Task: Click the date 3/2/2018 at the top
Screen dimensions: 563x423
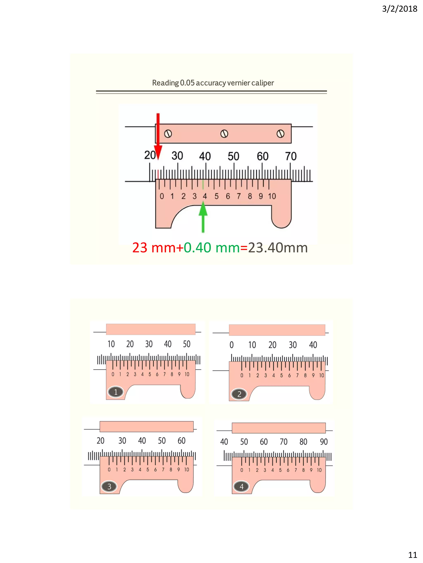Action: click(x=399, y=9)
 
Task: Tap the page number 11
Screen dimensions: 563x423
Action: click(x=412, y=554)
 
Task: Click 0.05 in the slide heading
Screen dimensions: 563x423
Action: click(x=187, y=83)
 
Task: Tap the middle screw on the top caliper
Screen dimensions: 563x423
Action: click(x=224, y=134)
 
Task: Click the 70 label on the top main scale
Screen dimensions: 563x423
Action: click(x=291, y=156)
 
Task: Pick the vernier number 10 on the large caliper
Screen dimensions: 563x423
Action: click(x=272, y=196)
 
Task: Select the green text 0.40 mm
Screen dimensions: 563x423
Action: click(x=212, y=247)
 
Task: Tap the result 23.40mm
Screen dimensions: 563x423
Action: click(x=278, y=247)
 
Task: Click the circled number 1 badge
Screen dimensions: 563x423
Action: click(x=116, y=392)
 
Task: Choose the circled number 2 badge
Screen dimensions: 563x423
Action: click(x=239, y=394)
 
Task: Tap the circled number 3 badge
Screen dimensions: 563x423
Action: click(x=109, y=486)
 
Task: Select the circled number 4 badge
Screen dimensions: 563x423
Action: click(x=241, y=486)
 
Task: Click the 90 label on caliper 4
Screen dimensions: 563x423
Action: click(x=324, y=442)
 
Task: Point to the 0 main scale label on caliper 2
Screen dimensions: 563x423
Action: click(x=232, y=345)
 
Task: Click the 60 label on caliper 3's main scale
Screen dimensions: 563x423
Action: click(x=182, y=441)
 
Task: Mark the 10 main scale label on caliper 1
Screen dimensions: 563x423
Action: click(x=111, y=344)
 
